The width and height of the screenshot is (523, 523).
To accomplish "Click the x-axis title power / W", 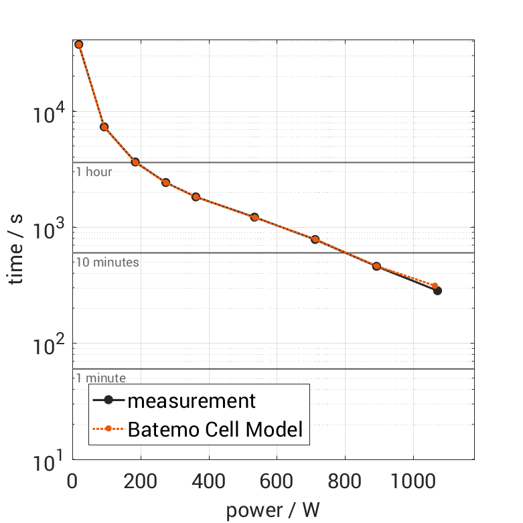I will point(273,510).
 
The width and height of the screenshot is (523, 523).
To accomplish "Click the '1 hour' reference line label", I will point(94,172).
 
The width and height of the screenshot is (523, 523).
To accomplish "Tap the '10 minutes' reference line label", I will point(107,262).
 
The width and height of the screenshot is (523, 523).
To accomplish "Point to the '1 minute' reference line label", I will point(100,378).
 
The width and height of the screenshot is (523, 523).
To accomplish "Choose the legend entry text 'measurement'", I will point(192,401).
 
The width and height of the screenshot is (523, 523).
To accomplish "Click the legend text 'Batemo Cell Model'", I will point(216,429).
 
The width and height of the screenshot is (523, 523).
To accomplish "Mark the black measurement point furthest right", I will point(437,291).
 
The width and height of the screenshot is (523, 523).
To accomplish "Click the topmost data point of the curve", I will point(78,44).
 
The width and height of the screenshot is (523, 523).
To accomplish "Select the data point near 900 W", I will point(376,266).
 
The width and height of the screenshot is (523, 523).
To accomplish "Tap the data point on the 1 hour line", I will point(135,162).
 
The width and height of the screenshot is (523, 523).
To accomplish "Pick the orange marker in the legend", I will point(108,429).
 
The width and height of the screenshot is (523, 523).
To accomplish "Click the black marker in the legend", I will point(108,401).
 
